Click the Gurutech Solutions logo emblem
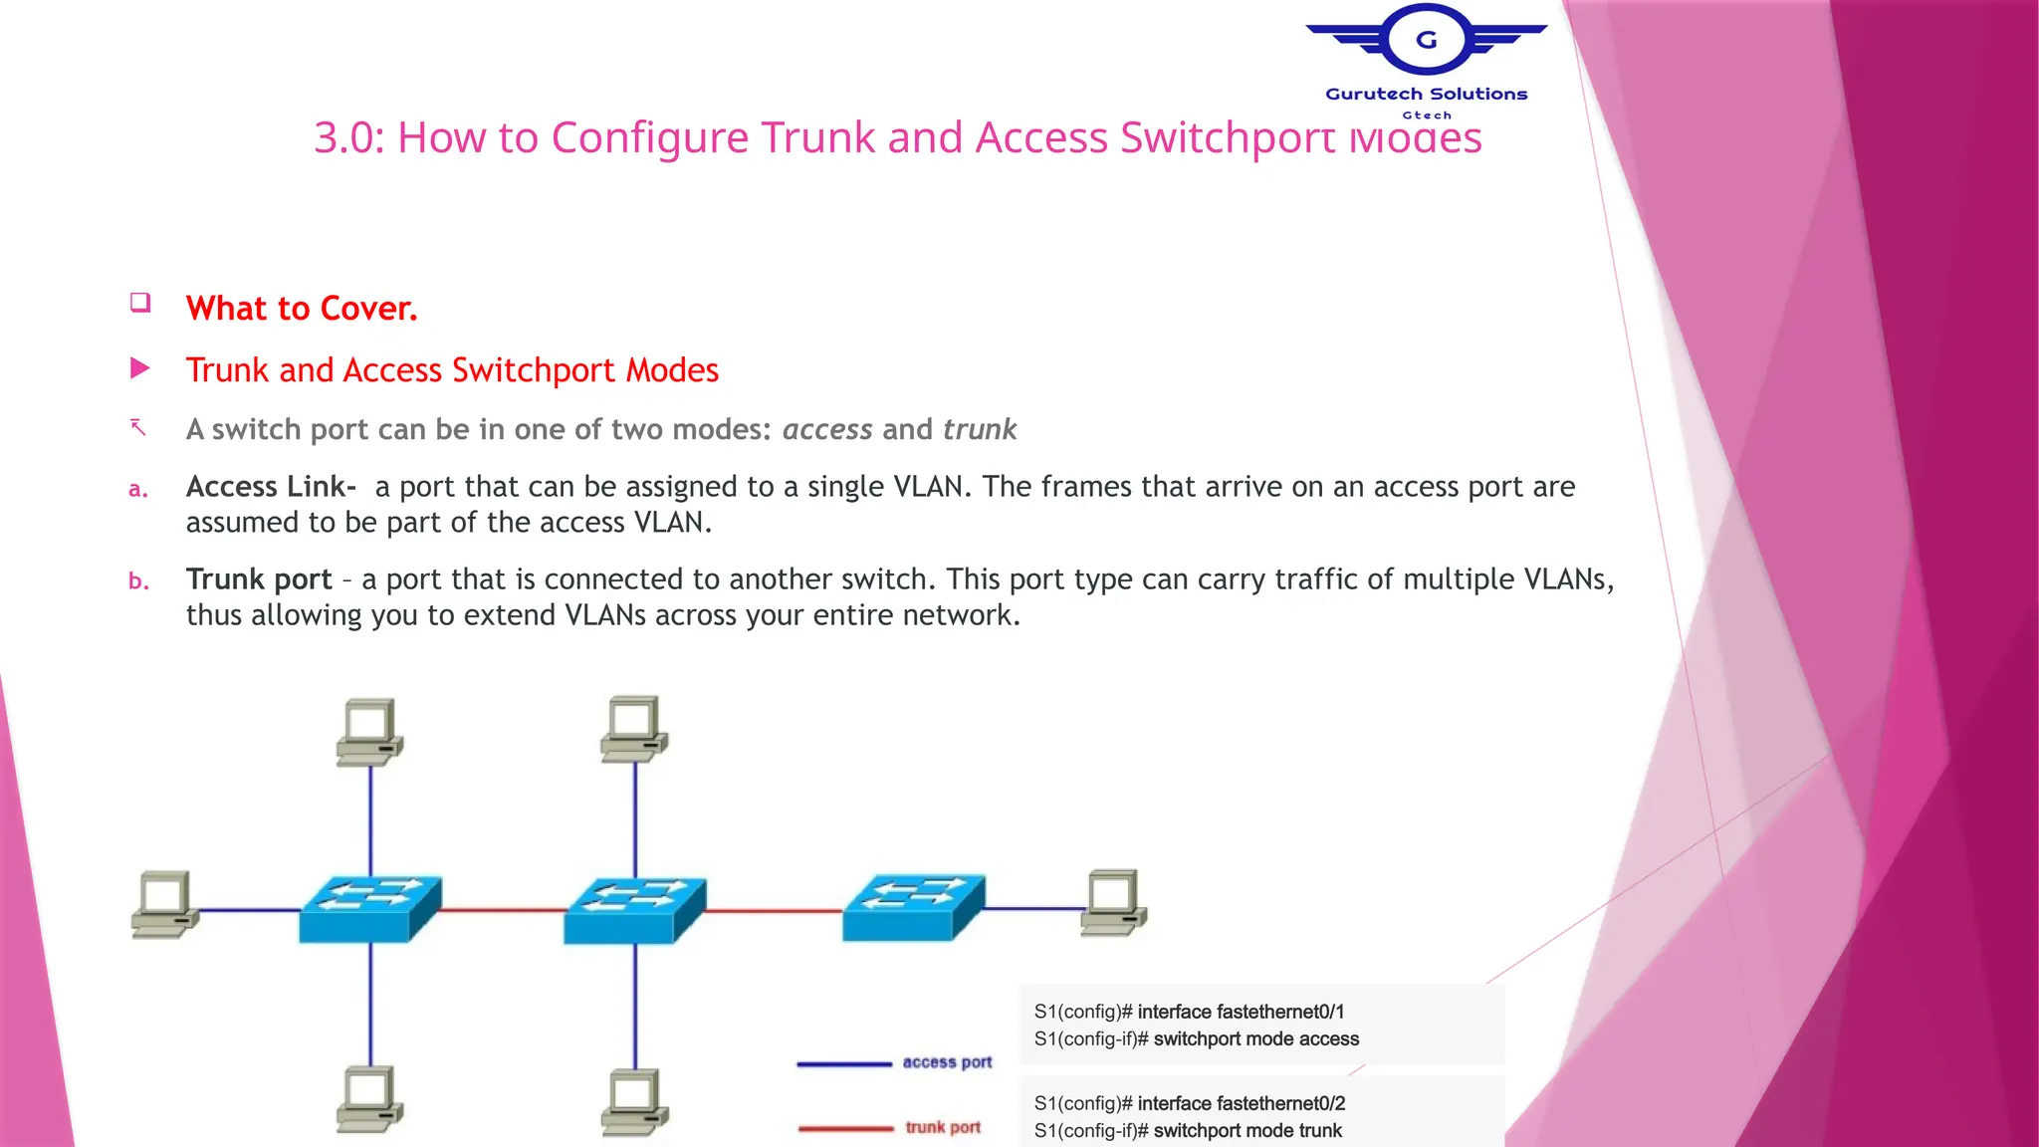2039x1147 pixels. pos(1426,41)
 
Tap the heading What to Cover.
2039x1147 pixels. pos(302,309)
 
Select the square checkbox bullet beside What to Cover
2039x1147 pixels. pos(140,303)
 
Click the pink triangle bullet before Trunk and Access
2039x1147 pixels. pos(140,369)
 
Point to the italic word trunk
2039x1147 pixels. pos(980,429)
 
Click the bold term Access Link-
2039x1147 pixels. pos(271,487)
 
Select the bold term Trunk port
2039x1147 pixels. pos(259,579)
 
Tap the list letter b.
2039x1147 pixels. pos(138,581)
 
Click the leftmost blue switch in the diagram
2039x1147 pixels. pos(369,908)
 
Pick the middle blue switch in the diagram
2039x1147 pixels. pos(634,910)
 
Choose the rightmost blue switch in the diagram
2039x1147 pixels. pos(913,907)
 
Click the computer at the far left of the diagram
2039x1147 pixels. pos(164,904)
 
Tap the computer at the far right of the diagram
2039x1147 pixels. pos(1113,902)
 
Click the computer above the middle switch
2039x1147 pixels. pos(634,729)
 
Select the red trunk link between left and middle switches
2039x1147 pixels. pos(503,910)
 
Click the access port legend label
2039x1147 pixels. pos(947,1062)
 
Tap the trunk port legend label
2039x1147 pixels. pos(943,1127)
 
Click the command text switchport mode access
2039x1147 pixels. pos(1255,1039)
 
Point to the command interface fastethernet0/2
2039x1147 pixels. pos(1241,1103)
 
